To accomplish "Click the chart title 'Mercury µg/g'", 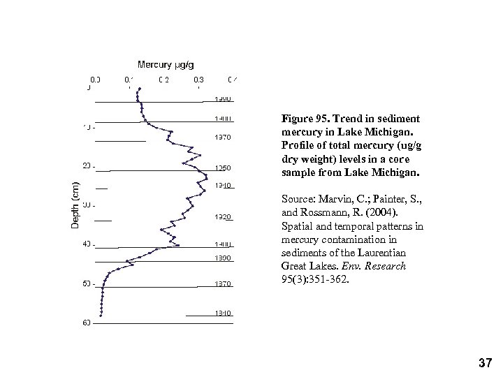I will coord(166,65).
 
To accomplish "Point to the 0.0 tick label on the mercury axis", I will coord(95,79).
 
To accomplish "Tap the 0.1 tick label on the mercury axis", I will coord(129,79).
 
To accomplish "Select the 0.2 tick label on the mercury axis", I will coord(164,79).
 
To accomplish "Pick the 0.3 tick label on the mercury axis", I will coord(199,79).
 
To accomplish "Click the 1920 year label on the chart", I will coord(223,217).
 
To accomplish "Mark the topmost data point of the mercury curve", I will coord(139,89).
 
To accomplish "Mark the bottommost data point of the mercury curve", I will coord(102,316).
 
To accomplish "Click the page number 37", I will coord(486,362).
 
